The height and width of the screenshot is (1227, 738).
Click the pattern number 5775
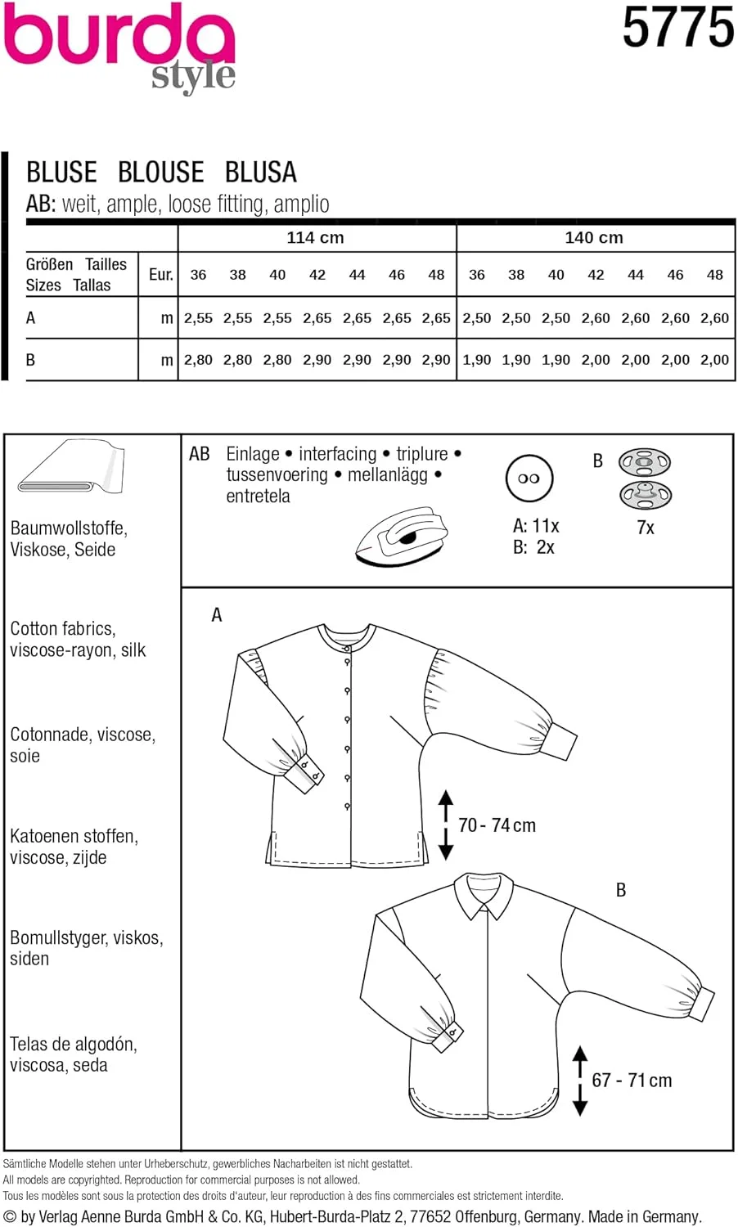coord(677,28)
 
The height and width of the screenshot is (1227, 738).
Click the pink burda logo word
coord(119,37)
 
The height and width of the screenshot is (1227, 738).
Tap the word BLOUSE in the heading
coord(160,172)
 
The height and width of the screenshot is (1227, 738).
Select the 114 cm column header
coord(315,238)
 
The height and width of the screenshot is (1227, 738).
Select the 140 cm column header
coord(594,238)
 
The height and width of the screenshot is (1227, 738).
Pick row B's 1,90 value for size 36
coord(476,360)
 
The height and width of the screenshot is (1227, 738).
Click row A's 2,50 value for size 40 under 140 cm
coord(556,318)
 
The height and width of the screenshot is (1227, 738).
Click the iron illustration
coord(402,536)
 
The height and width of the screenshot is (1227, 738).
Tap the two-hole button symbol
coord(529,479)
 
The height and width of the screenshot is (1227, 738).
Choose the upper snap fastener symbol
coord(645,463)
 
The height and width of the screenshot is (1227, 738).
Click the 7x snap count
coord(646,528)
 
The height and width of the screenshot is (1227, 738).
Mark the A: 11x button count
coord(536,526)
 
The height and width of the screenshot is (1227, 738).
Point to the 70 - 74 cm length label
coord(497,825)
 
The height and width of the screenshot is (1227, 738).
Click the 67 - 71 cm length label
coord(632,1081)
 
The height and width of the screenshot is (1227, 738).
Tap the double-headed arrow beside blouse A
coord(446,824)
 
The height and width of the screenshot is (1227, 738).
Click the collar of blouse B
coord(484,896)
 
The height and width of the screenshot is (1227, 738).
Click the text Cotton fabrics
coord(63,629)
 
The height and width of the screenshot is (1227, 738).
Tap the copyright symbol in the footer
coord(10,1217)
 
